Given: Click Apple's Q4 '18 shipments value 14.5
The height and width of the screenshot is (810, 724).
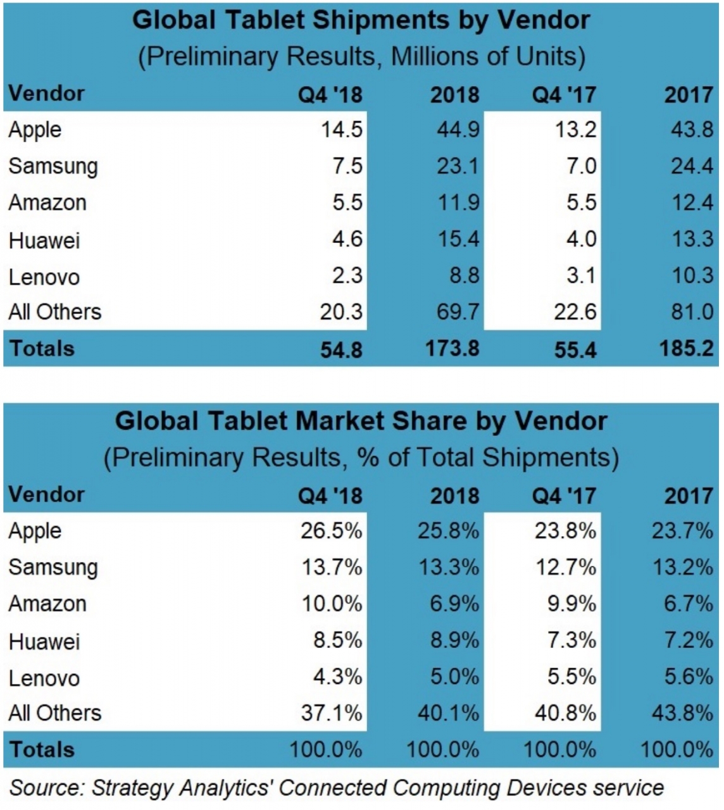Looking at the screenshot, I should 341,130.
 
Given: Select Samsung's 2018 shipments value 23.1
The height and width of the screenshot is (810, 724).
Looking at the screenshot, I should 458,166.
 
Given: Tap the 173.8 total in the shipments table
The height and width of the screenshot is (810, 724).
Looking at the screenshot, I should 452,349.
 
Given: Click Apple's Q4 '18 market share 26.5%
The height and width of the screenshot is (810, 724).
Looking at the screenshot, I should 331,530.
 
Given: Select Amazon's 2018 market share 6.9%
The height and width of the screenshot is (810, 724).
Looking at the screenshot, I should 454,604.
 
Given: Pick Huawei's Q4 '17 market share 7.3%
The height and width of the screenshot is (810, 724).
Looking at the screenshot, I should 571,640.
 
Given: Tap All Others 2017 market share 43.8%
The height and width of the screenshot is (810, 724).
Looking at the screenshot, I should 682,713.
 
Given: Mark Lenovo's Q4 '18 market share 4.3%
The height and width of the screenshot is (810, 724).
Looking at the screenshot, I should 337,677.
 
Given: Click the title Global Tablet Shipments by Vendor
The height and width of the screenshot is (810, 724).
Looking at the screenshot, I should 361,20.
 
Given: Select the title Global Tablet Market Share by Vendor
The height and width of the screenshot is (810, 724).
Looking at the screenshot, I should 361,421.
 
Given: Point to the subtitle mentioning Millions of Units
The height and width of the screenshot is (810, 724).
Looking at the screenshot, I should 361,57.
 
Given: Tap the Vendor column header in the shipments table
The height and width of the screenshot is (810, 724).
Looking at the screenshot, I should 46,94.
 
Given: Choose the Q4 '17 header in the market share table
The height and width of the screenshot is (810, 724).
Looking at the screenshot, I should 563,496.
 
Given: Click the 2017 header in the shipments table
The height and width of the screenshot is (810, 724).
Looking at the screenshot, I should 688,95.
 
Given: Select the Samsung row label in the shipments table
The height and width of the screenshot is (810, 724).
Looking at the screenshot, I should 53,166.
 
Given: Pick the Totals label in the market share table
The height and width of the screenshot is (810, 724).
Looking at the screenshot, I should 42,750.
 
